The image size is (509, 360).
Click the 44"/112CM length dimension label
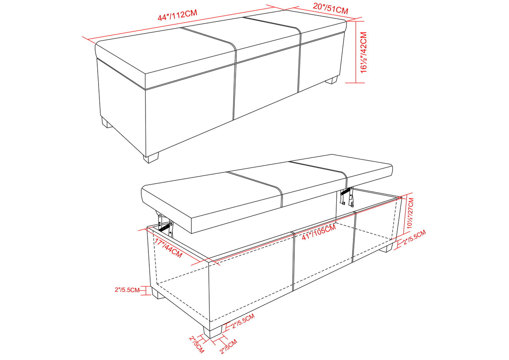click(x=177, y=16)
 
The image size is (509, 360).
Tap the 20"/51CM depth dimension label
click(x=330, y=8)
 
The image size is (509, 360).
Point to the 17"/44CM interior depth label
click(x=168, y=248)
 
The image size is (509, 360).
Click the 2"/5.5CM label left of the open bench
click(x=127, y=290)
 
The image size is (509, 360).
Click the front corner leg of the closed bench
click(x=152, y=158)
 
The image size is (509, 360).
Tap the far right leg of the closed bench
click(x=333, y=79)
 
